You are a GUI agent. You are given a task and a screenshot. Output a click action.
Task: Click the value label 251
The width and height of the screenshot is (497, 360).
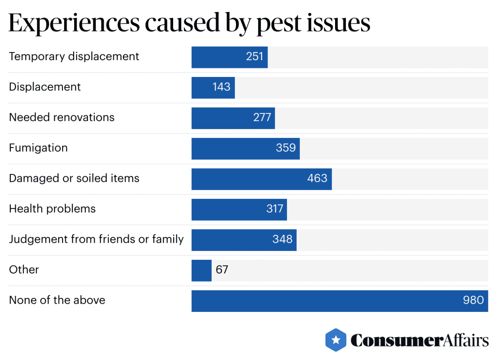pyautogui.click(x=255, y=57)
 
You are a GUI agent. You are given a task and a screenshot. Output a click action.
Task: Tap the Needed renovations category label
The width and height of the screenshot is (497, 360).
pyautogui.click(x=62, y=117)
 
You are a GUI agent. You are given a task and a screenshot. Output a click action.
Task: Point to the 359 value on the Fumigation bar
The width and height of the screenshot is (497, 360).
pyautogui.click(x=286, y=148)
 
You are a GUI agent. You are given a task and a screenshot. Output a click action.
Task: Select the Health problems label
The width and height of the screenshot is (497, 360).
pyautogui.click(x=52, y=209)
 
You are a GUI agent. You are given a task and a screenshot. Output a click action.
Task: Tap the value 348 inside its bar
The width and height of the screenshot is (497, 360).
pyautogui.click(x=282, y=239)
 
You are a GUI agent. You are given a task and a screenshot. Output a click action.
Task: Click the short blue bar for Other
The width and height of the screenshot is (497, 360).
pyautogui.click(x=201, y=270)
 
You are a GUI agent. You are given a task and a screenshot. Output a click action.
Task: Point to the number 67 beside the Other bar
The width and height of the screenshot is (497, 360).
pyautogui.click(x=222, y=270)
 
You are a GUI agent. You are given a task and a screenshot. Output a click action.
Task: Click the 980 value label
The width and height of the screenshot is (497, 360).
pyautogui.click(x=473, y=300)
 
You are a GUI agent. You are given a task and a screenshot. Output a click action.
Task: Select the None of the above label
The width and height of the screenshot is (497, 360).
pyautogui.click(x=57, y=300)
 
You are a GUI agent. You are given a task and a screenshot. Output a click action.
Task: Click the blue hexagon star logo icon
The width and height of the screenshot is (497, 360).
pyautogui.click(x=336, y=340)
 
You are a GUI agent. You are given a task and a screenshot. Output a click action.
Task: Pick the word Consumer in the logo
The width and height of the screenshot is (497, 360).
pyautogui.click(x=397, y=341)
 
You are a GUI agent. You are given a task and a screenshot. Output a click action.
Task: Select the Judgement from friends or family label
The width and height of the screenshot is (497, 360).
pyautogui.click(x=96, y=239)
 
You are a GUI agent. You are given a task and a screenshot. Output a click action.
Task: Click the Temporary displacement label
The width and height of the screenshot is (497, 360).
pyautogui.click(x=74, y=57)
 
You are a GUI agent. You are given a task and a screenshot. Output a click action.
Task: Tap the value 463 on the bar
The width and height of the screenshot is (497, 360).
pyautogui.click(x=317, y=179)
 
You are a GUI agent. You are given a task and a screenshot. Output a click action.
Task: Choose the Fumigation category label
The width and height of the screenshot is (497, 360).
pyautogui.click(x=38, y=148)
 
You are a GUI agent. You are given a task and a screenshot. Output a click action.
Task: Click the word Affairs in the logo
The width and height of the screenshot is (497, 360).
pyautogui.click(x=466, y=341)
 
